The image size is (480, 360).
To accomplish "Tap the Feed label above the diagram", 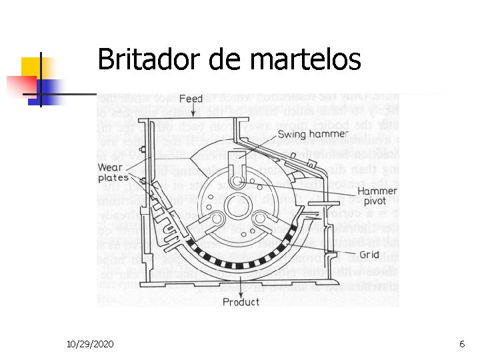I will [x=191, y=99].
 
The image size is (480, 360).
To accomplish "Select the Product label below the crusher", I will [x=241, y=301].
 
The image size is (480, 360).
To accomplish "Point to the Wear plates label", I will [x=113, y=173].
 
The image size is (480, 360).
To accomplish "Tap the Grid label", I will [x=369, y=255].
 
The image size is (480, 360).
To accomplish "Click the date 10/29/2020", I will [x=90, y=344].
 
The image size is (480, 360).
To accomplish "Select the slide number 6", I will [x=462, y=344].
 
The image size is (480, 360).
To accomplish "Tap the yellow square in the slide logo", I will [x=32, y=67].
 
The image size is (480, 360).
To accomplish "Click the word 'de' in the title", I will [x=225, y=60].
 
